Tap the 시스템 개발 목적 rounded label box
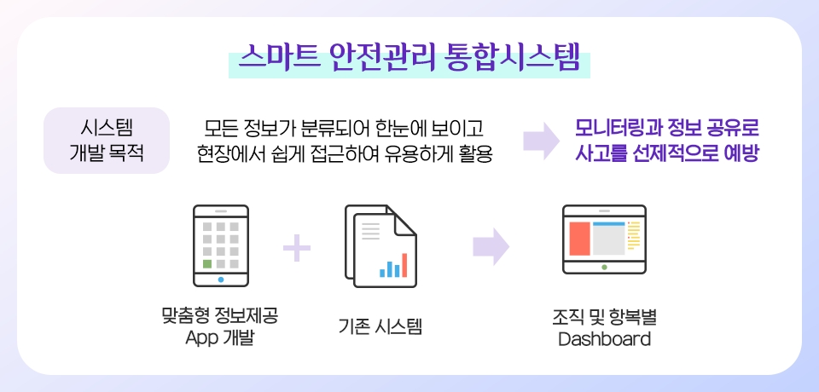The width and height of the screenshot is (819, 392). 107,141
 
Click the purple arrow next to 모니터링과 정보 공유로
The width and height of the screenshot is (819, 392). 541,141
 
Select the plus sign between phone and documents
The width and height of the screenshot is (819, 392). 297,247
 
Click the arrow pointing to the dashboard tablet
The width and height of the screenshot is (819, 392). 491,246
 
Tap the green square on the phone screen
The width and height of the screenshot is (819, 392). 207,263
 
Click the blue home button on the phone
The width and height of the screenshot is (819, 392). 221,280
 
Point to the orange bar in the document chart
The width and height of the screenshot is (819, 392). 404,265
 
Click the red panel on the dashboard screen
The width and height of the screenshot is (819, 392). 579,239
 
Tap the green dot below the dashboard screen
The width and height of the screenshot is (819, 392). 604,268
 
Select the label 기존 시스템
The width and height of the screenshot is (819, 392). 380,326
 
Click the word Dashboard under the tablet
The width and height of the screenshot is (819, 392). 604,339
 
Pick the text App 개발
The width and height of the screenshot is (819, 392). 219,338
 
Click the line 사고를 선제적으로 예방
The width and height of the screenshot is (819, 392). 666,153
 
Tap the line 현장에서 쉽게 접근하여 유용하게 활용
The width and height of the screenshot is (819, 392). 345,153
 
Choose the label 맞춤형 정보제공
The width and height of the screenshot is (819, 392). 220,316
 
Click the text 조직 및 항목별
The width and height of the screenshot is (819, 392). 604,317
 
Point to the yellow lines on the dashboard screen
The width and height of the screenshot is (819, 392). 634,235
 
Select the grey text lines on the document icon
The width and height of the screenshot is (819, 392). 371,231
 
